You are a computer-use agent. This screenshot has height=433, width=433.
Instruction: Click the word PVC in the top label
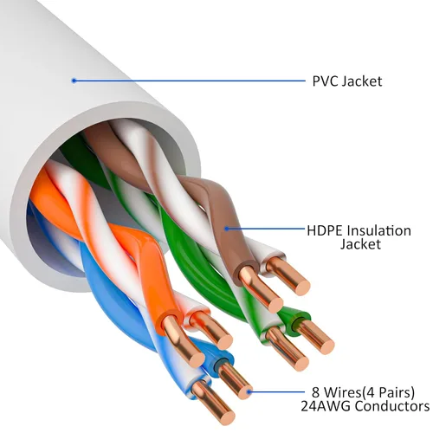point(325,81)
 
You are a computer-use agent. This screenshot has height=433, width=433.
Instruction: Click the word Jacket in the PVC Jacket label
point(363,81)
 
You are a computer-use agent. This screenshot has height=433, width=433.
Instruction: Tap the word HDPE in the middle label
point(325,230)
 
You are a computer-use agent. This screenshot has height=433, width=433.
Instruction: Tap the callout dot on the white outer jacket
point(74,81)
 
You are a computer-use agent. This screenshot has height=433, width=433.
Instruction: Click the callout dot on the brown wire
point(226,229)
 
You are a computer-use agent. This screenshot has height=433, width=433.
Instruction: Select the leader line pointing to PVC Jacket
point(191,81)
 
